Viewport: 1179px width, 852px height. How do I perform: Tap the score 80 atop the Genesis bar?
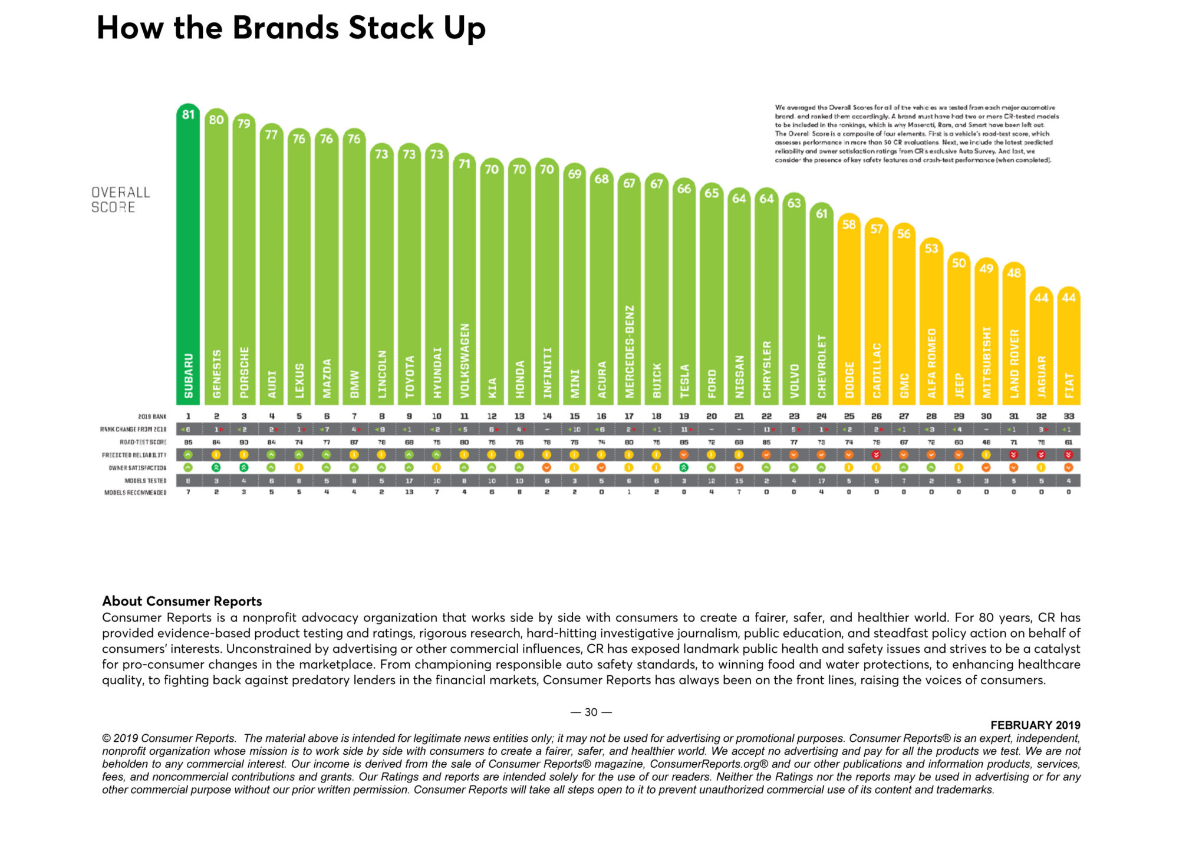pyautogui.click(x=216, y=120)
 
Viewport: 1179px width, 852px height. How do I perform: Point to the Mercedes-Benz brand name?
pyautogui.click(x=629, y=351)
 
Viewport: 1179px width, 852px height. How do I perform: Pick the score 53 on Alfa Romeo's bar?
pyautogui.click(x=931, y=249)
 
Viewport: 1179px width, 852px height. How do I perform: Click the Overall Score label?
pyautogui.click(x=120, y=200)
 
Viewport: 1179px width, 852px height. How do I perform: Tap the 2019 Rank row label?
pyautogui.click(x=152, y=417)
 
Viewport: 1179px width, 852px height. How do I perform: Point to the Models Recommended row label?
pyautogui.click(x=135, y=493)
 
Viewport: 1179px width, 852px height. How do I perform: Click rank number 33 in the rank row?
pyautogui.click(x=1069, y=416)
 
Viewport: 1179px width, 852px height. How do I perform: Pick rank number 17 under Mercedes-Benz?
pyautogui.click(x=629, y=416)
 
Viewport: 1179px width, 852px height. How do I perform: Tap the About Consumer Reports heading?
pyautogui.click(x=182, y=601)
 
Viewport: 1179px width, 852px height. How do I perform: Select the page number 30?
pyautogui.click(x=591, y=712)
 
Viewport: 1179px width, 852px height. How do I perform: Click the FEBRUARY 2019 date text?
pyautogui.click(x=1035, y=725)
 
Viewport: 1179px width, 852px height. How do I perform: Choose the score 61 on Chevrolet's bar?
pyautogui.click(x=822, y=214)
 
